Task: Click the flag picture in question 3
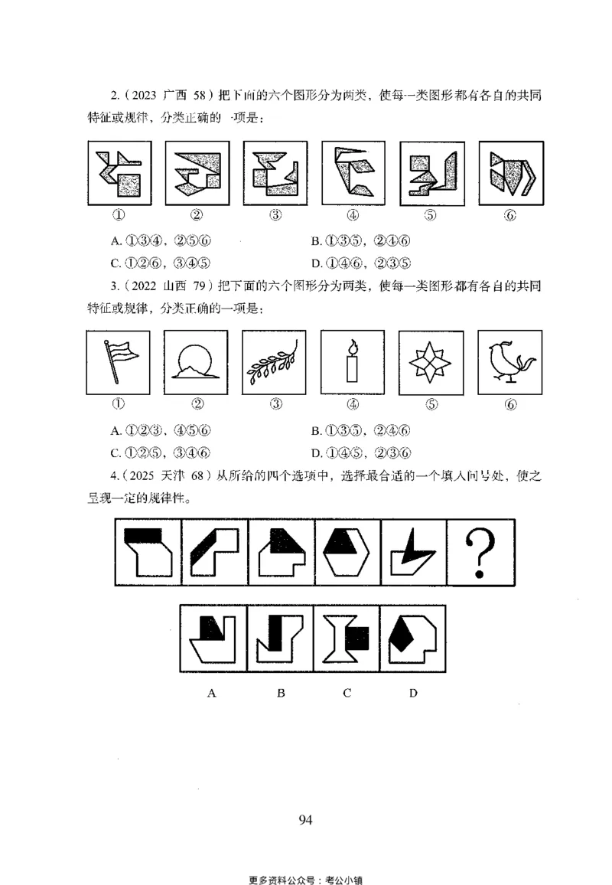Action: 120,363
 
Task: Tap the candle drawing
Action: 353,363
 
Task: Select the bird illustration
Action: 509,363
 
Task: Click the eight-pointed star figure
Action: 431,363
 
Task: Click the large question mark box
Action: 482,552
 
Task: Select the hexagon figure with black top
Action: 347,552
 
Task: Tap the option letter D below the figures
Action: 413,694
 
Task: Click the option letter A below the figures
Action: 212,694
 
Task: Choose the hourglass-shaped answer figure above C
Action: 346,638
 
